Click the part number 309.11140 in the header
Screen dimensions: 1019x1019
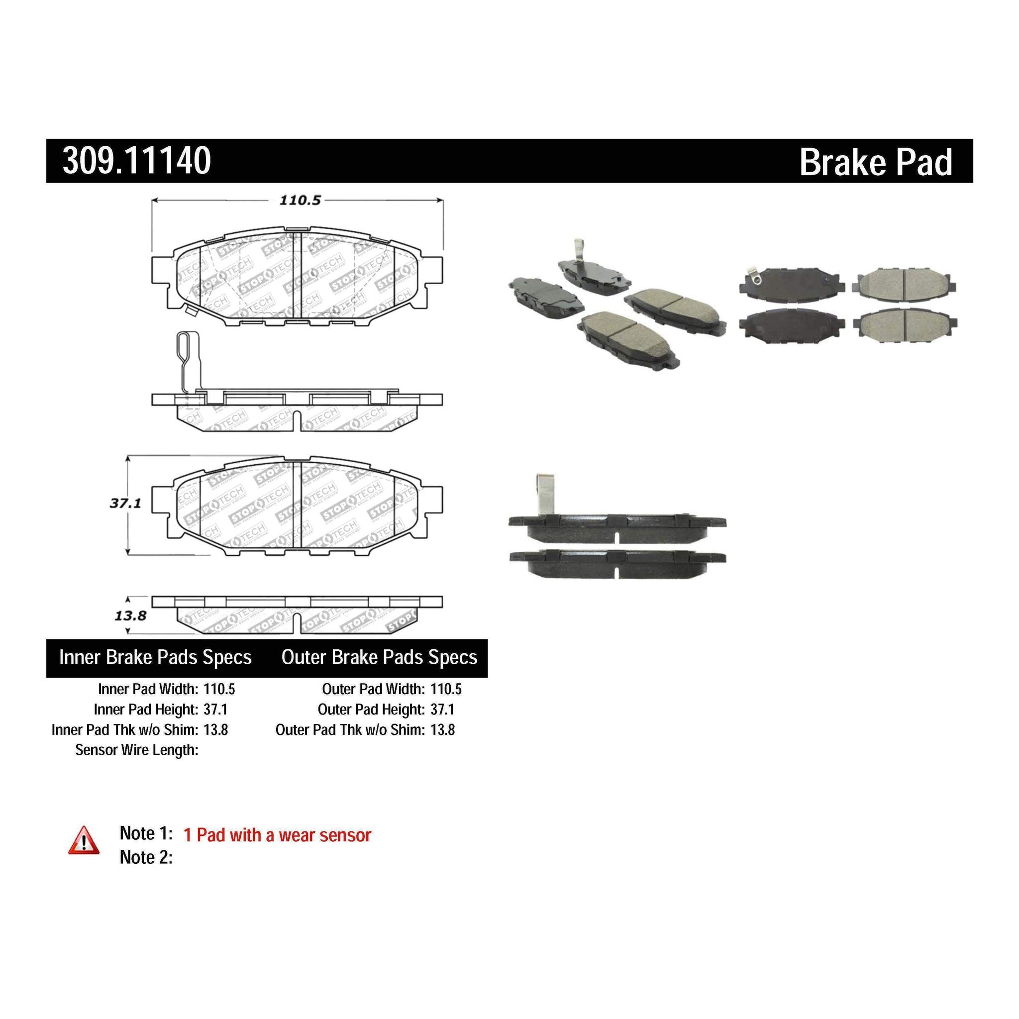[137, 161]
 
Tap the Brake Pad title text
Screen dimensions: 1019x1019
[876, 162]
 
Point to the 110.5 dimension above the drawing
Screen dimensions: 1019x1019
[300, 201]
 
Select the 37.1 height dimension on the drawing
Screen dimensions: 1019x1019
[125, 503]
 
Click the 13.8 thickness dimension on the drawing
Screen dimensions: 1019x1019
[130, 615]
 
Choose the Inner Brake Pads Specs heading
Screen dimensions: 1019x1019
[155, 657]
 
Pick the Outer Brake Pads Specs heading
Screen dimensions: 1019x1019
[379, 657]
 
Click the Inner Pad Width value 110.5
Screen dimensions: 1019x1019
[219, 689]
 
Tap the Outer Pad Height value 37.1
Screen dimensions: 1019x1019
[442, 710]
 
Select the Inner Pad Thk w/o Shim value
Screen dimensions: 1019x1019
[216, 730]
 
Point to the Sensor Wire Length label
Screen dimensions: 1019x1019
[137, 750]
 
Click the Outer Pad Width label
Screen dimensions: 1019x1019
[373, 689]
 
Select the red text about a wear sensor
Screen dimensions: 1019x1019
[277, 835]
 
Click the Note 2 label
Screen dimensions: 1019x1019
[146, 857]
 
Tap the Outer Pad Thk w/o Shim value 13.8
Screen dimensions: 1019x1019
[442, 730]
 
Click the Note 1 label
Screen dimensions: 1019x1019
[146, 833]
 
